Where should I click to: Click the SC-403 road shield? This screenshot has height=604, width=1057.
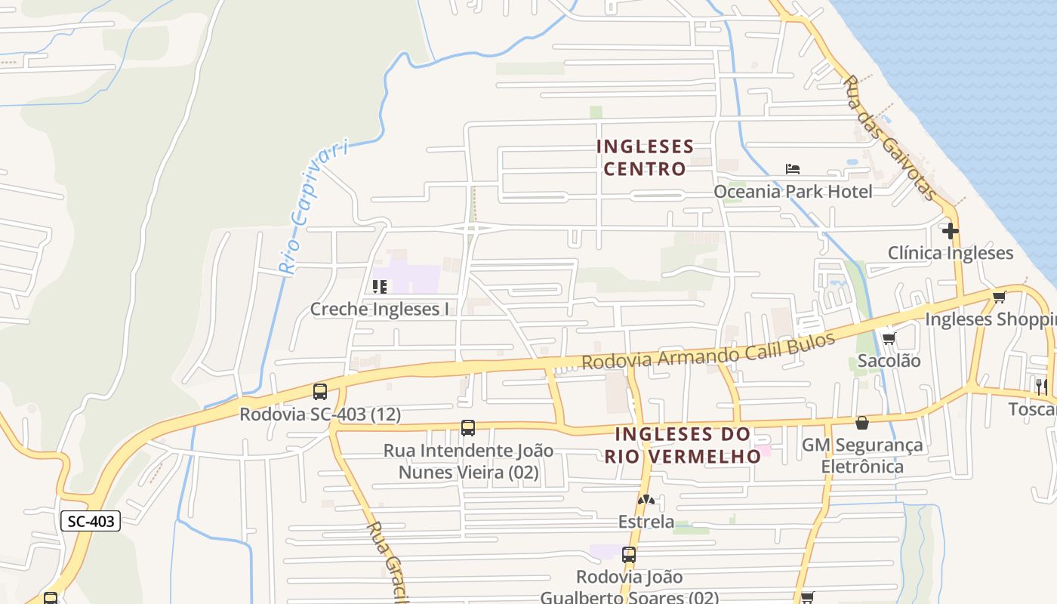click(x=90, y=521)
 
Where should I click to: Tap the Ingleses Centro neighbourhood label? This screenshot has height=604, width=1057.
click(x=644, y=157)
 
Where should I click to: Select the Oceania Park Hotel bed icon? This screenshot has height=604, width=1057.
click(x=792, y=168)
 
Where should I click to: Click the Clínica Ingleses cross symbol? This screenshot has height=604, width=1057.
click(x=950, y=230)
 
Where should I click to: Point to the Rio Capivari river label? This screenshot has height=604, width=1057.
click(x=313, y=206)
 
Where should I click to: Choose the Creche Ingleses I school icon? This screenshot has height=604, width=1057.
click(x=380, y=287)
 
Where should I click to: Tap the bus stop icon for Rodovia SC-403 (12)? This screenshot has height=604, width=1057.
click(x=320, y=392)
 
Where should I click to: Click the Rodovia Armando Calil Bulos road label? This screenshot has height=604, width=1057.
click(x=708, y=351)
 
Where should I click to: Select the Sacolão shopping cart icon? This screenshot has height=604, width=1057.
click(x=889, y=339)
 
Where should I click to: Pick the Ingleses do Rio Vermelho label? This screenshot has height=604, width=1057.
click(x=683, y=445)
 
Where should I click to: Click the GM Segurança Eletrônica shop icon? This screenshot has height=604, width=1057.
click(x=861, y=423)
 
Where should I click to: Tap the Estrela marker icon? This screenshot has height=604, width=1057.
click(x=646, y=500)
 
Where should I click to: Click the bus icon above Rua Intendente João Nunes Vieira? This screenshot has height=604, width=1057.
click(x=468, y=428)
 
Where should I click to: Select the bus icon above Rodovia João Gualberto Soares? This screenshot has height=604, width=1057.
click(x=628, y=555)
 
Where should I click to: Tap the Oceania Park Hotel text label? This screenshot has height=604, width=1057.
click(x=793, y=192)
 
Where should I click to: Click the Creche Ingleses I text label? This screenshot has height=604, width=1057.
click(x=379, y=309)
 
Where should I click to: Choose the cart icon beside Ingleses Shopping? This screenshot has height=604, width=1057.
click(x=999, y=297)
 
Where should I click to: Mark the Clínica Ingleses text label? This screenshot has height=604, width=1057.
click(x=950, y=253)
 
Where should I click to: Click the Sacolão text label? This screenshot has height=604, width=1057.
click(x=889, y=361)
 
